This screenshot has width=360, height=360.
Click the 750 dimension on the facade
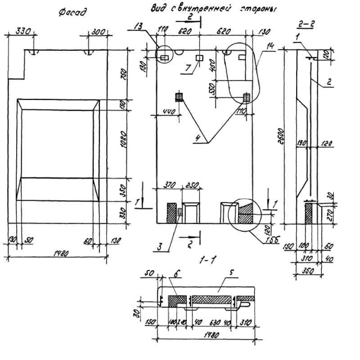pos(130,73)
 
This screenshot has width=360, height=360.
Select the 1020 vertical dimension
pos(130,139)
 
